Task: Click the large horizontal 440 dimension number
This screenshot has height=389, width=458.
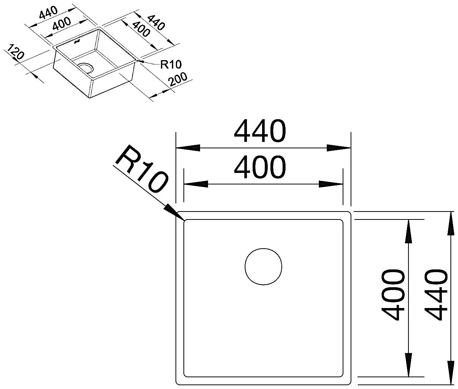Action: (x=259, y=131)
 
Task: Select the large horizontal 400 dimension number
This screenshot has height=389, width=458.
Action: (x=259, y=167)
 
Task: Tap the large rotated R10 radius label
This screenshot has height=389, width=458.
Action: (x=142, y=169)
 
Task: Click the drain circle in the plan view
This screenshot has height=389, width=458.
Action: (x=263, y=267)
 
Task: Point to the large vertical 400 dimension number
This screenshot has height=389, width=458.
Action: (x=393, y=295)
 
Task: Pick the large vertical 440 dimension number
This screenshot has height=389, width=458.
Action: (x=436, y=295)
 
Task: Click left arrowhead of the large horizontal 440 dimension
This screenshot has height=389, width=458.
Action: (x=188, y=148)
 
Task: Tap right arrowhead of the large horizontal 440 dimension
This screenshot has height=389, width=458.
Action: (x=339, y=148)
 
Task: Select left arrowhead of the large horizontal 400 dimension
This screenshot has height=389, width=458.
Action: (x=196, y=184)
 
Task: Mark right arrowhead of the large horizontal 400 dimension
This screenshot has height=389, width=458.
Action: (x=331, y=184)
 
